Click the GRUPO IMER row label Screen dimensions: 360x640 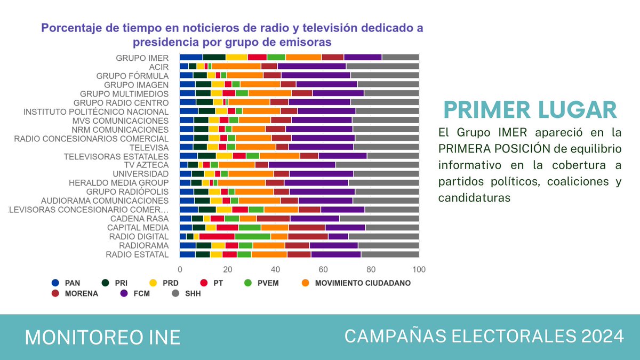142,58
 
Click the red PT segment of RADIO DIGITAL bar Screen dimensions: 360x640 217,236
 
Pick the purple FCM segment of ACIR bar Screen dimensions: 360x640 311,66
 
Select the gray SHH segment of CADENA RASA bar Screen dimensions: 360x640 379,219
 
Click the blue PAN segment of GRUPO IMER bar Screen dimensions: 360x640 191,58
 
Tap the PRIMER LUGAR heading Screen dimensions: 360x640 531,110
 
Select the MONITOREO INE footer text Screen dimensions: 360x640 103,337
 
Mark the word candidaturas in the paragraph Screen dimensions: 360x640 475,198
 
